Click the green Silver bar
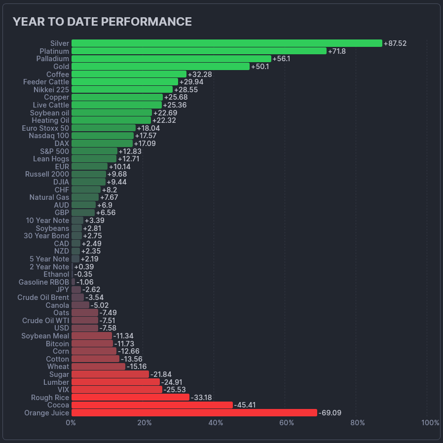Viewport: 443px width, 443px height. (x=227, y=43)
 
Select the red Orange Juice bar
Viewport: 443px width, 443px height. (x=194, y=412)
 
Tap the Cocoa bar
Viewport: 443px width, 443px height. (x=152, y=405)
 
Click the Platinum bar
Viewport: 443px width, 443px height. (x=199, y=51)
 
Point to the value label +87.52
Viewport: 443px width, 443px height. (x=395, y=43)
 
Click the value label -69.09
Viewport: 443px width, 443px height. (x=330, y=412)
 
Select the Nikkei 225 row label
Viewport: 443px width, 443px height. (x=51, y=90)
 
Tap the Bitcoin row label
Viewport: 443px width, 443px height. (x=57, y=343)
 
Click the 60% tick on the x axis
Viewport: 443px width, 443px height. (x=287, y=423)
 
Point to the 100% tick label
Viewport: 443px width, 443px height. (x=430, y=423)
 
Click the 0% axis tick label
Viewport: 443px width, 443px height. (x=71, y=423)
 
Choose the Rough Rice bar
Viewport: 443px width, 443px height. (x=130, y=397)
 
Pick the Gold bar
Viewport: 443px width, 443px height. (x=160, y=67)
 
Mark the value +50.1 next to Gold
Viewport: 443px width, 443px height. (x=260, y=67)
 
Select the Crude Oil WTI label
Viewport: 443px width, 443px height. (x=46, y=321)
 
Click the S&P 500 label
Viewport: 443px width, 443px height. (x=55, y=151)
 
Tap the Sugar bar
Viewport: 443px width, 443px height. (x=110, y=374)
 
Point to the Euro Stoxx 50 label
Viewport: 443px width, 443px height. (x=45, y=128)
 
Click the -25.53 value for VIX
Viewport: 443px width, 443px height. (x=174, y=390)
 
